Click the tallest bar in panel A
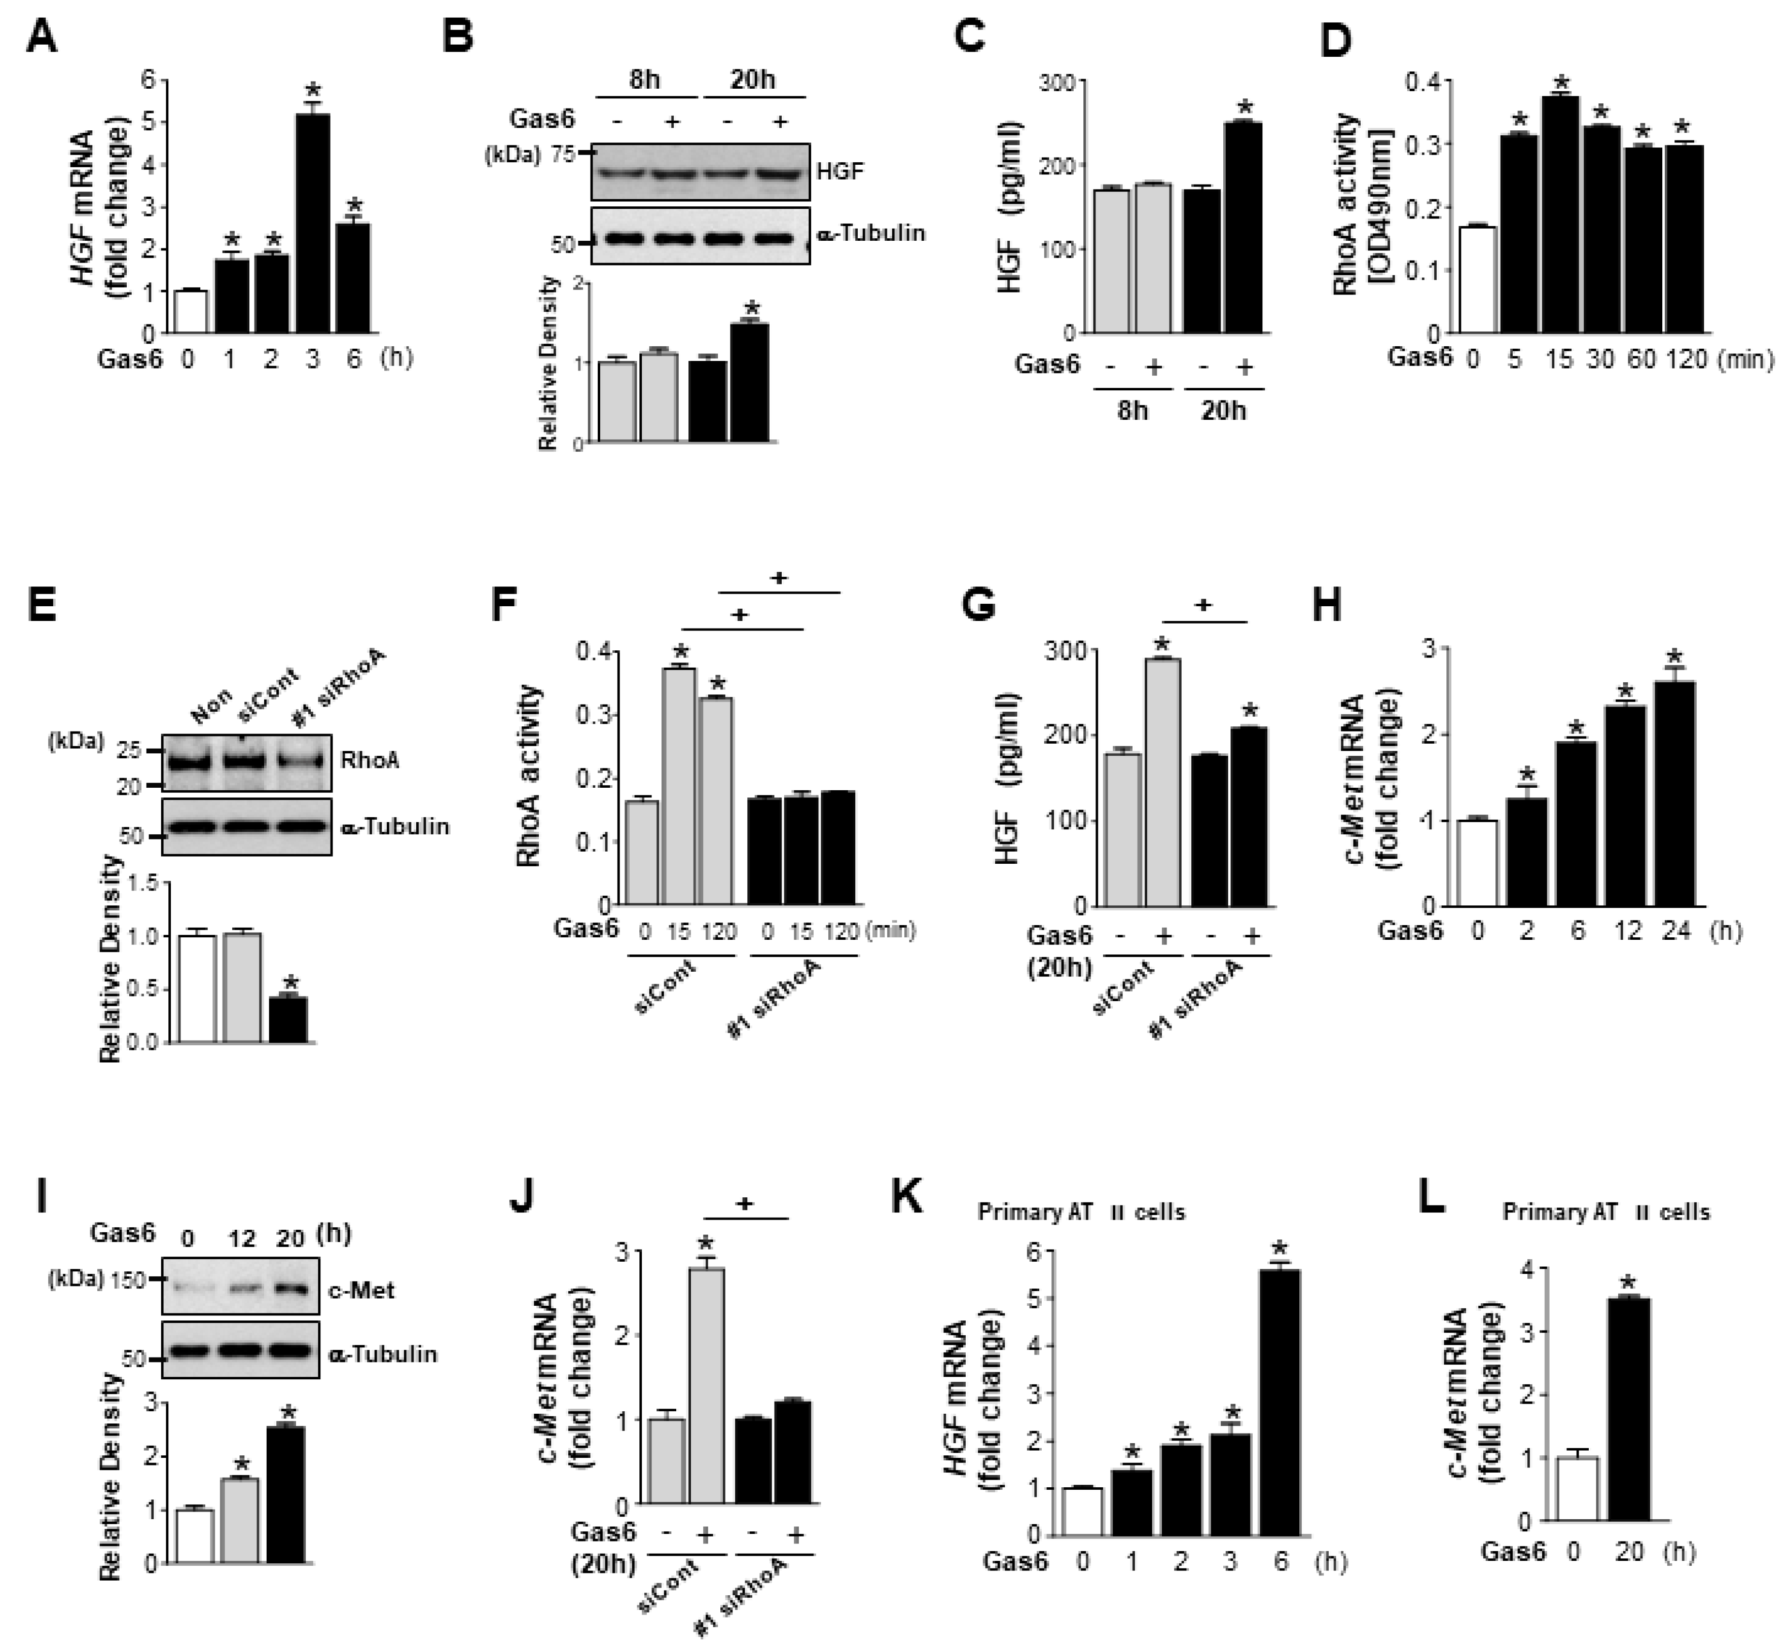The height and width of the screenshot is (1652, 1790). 312,224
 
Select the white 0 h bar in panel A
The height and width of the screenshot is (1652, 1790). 191,311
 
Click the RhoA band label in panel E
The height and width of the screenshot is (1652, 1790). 369,760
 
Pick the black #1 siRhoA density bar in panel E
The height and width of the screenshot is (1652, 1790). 288,1019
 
